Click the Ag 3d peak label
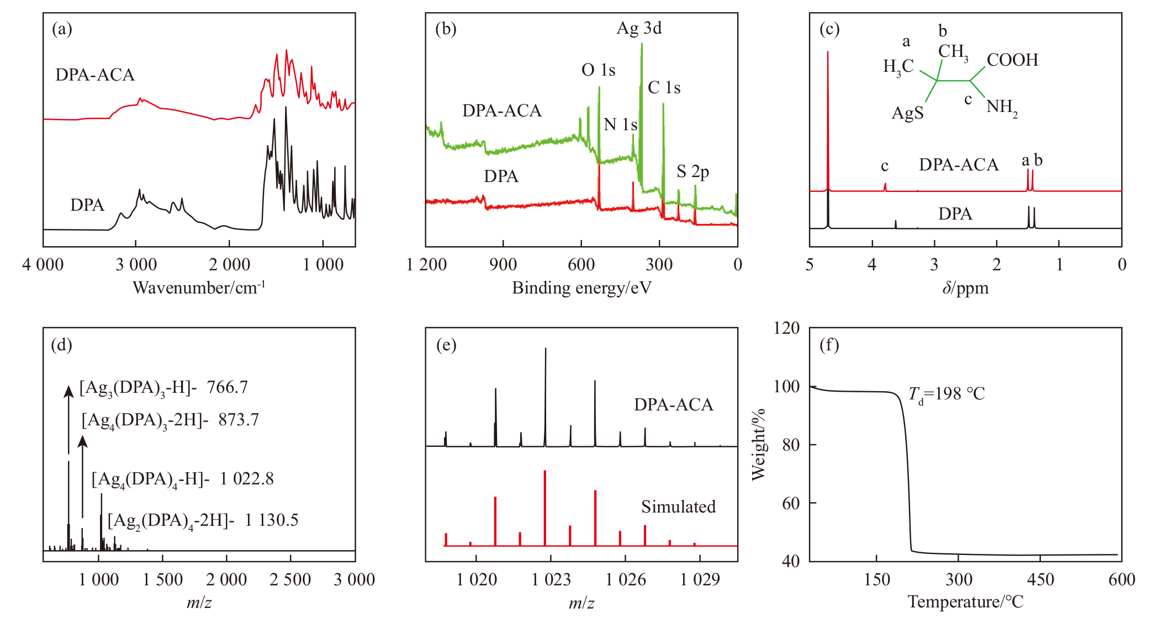[x=639, y=28]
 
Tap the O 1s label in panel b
[x=598, y=70]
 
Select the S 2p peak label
[x=692, y=172]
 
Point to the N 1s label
[x=620, y=125]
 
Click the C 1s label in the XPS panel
[x=664, y=88]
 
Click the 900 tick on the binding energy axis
[x=503, y=265]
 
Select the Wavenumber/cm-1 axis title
[x=199, y=287]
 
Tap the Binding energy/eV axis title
[x=581, y=287]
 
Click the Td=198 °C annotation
[x=947, y=394]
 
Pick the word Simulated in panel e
[x=678, y=506]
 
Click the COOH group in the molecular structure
[x=1012, y=60]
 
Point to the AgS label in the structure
[x=907, y=113]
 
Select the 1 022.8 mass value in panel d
[x=246, y=478]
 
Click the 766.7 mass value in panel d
[x=227, y=387]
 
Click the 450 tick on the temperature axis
[x=1040, y=579]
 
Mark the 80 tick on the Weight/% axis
[x=791, y=445]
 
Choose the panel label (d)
[x=61, y=345]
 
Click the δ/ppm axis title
[x=965, y=287]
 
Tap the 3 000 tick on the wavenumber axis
[x=136, y=265]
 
